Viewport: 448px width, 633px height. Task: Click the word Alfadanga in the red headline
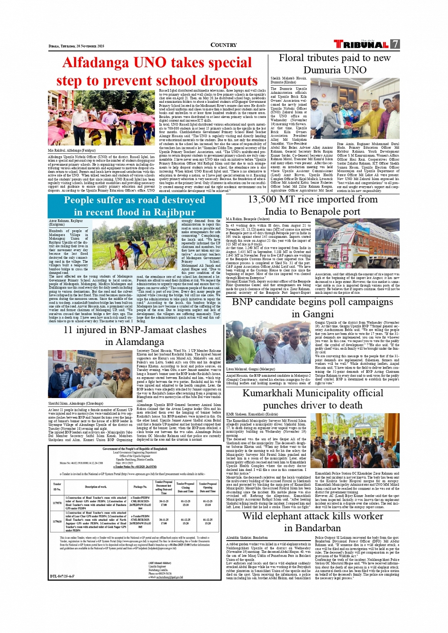click(96, 63)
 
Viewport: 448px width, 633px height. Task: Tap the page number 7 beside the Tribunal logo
click(395, 44)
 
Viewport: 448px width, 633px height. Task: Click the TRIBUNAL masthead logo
click(361, 45)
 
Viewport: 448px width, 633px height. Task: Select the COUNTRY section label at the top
click(223, 45)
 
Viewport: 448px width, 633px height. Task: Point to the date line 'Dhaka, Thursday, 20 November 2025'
click(76, 46)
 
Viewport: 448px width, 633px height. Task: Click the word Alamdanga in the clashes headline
click(134, 342)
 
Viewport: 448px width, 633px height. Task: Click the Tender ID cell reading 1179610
click(57, 521)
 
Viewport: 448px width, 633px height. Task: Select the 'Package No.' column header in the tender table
click(140, 487)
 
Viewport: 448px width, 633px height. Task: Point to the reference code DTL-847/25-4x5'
click(62, 577)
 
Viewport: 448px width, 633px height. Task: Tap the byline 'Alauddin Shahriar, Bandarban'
click(247, 538)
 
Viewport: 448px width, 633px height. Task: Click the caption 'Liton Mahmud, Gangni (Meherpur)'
click(250, 369)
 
